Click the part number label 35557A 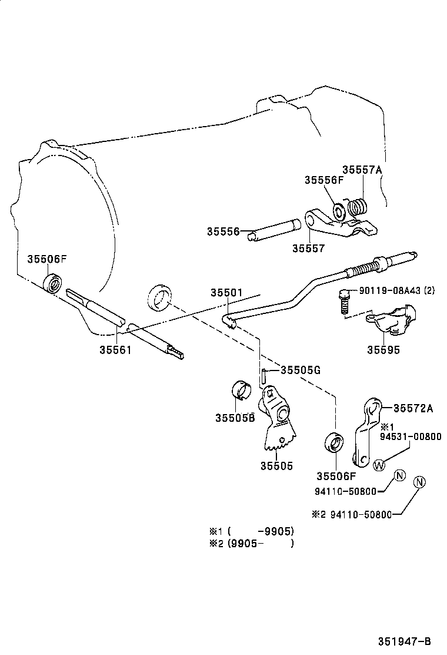(362, 170)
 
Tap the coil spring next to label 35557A (358, 207)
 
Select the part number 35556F (323, 180)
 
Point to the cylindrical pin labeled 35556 (275, 229)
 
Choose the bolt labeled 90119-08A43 (345, 301)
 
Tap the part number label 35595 (383, 349)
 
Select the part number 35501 (227, 293)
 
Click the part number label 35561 (115, 349)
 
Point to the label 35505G (300, 370)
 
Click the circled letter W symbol (379, 464)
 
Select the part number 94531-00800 (411, 436)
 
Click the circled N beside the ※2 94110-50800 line (419, 482)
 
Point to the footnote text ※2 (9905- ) (251, 542)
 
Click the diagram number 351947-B (405, 641)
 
